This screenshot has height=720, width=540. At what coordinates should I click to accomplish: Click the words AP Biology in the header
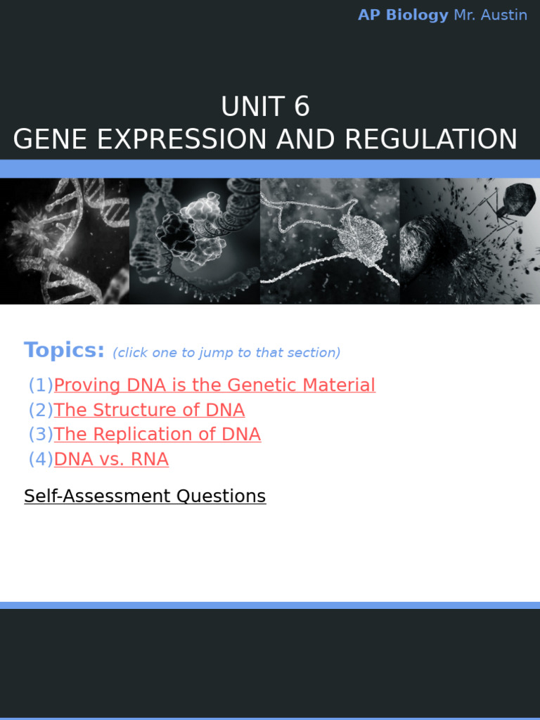point(403,15)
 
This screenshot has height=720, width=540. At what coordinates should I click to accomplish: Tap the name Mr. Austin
point(490,15)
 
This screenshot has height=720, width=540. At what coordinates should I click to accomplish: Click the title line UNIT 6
point(265,107)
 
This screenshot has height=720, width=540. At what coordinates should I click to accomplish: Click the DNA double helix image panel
point(65,240)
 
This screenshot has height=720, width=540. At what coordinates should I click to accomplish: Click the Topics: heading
point(64,350)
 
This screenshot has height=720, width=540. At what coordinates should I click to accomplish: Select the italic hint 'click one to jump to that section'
point(226,353)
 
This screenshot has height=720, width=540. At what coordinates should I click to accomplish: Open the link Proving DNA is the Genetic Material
point(214,385)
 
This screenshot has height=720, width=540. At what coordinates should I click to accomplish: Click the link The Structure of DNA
point(149,410)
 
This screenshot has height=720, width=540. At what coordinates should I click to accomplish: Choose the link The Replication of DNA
point(157,435)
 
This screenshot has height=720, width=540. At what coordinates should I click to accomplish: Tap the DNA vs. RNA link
point(111,459)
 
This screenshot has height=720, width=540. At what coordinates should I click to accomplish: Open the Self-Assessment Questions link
point(145,496)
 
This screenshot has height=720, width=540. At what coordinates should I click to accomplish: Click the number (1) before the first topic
point(41,385)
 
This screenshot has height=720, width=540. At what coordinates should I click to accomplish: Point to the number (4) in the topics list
point(41,459)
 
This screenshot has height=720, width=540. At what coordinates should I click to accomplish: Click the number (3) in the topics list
point(41,435)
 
